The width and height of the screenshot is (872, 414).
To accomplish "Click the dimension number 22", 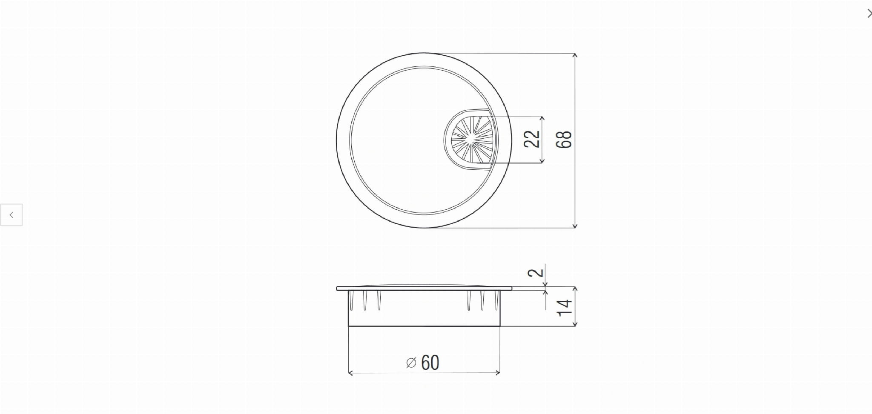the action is point(532,139).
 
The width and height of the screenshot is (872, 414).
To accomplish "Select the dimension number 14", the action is point(565,308).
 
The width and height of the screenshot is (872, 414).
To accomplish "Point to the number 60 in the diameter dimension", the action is point(430,363).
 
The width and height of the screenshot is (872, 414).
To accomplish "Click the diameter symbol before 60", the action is point(411,363).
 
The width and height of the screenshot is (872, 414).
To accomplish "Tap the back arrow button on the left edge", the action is point(11,215).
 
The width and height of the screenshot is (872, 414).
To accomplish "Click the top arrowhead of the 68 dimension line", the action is point(575,56).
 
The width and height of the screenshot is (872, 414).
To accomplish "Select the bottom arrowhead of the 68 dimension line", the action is point(575,226).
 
